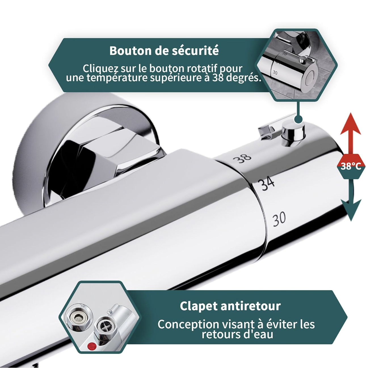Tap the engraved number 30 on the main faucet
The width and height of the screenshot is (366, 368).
coord(279,219)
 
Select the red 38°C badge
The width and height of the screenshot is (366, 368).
coord(351,166)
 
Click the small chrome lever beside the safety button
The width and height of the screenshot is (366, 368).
coord(266,129)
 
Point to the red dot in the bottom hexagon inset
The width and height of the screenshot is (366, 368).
coord(91,346)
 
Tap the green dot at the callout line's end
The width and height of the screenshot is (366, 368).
coord(298,119)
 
